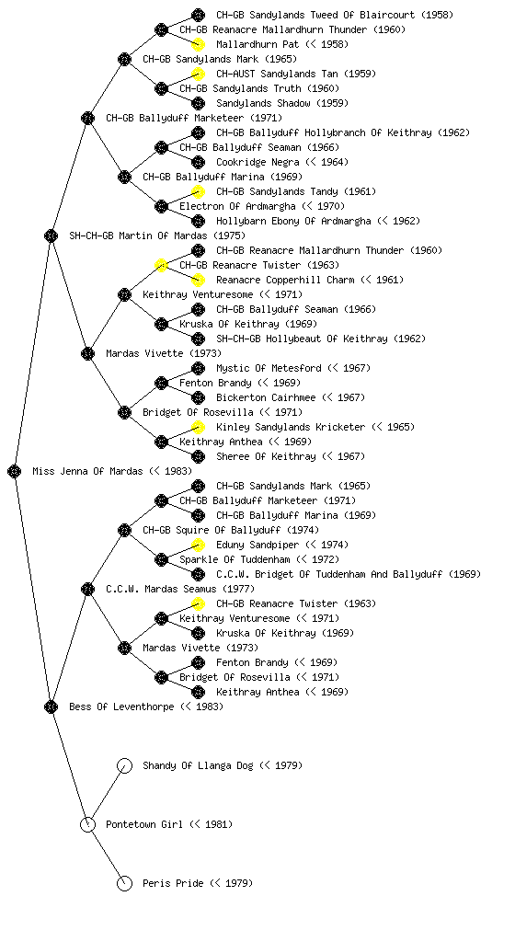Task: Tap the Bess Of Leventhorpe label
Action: pyautogui.click(x=121, y=707)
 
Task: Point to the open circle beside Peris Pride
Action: pyautogui.click(x=124, y=883)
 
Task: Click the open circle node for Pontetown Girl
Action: pyautogui.click(x=87, y=824)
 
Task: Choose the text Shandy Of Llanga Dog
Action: pyautogui.click(x=198, y=766)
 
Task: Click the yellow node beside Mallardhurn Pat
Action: pyautogui.click(x=198, y=44)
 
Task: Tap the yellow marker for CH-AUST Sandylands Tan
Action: pyautogui.click(x=198, y=74)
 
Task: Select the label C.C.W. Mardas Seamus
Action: pyautogui.click(x=161, y=590)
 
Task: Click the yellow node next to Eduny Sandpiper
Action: pyautogui.click(x=198, y=545)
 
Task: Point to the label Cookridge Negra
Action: pyautogui.click(x=257, y=162)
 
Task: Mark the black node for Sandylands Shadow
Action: pyautogui.click(x=198, y=103)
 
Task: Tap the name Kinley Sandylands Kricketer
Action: pyautogui.click(x=291, y=427)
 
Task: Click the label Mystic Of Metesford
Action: pyautogui.click(x=269, y=368)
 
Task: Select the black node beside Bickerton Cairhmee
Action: pyautogui.click(x=198, y=397)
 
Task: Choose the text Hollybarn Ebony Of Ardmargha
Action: pyautogui.click(x=293, y=221)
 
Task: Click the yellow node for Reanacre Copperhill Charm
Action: pyautogui.click(x=198, y=280)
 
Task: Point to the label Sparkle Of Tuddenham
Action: pyautogui.click(x=235, y=560)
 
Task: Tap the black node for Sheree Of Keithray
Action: pyautogui.click(x=198, y=456)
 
